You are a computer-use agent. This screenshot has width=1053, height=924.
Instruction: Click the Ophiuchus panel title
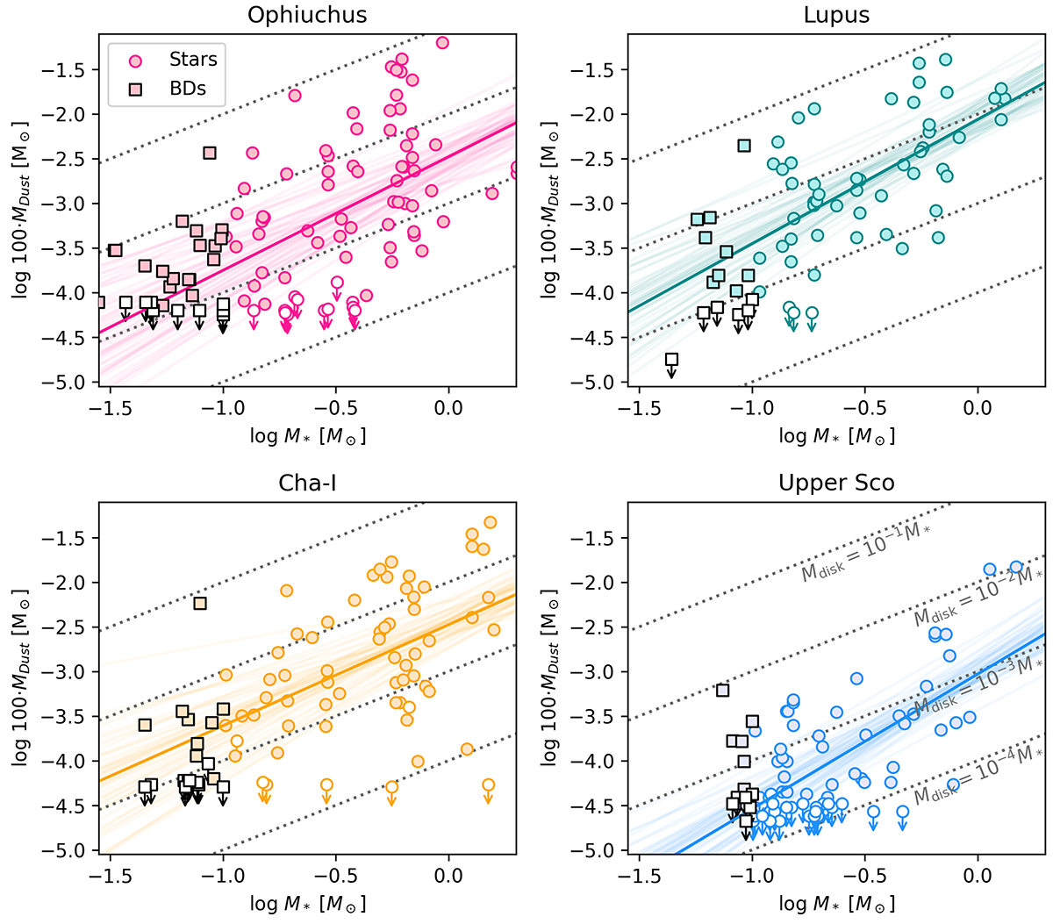(x=307, y=15)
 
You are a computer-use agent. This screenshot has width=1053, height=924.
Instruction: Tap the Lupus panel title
(x=835, y=15)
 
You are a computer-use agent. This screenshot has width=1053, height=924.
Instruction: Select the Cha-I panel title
(x=307, y=483)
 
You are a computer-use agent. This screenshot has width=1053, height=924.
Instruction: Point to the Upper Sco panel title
(x=835, y=483)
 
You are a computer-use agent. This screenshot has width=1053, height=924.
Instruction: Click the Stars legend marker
(x=135, y=61)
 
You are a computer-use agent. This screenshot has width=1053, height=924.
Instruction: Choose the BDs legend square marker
(x=135, y=89)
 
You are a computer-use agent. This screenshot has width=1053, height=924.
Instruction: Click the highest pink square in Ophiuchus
(x=210, y=153)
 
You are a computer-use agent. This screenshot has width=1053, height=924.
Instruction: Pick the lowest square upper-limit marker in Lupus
(x=672, y=359)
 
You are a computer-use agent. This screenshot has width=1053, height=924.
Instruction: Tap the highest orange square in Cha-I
(x=200, y=604)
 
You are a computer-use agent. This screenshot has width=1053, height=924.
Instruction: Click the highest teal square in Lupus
(x=744, y=146)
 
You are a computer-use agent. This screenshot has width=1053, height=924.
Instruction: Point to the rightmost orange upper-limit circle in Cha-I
(x=489, y=784)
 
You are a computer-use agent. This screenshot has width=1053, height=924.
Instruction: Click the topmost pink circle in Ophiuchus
(x=442, y=42)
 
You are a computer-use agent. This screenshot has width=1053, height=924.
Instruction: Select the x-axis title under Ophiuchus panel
(x=307, y=436)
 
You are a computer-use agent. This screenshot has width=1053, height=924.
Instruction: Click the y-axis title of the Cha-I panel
(x=19, y=676)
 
